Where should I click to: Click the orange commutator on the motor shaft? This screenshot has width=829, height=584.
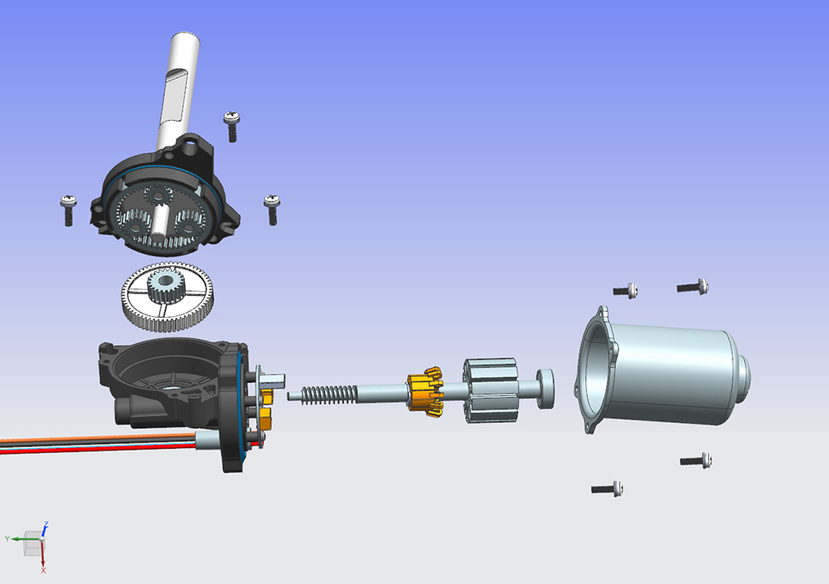(x=424, y=392)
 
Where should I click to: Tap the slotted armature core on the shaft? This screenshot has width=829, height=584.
(x=491, y=391)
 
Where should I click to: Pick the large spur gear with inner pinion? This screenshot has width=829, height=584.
(x=167, y=297)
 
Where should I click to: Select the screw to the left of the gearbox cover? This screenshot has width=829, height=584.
(x=68, y=211)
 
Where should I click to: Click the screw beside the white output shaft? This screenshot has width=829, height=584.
(x=231, y=126)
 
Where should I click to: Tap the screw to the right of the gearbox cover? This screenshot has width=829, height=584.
(x=272, y=210)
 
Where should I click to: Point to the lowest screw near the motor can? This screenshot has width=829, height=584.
(x=607, y=489)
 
